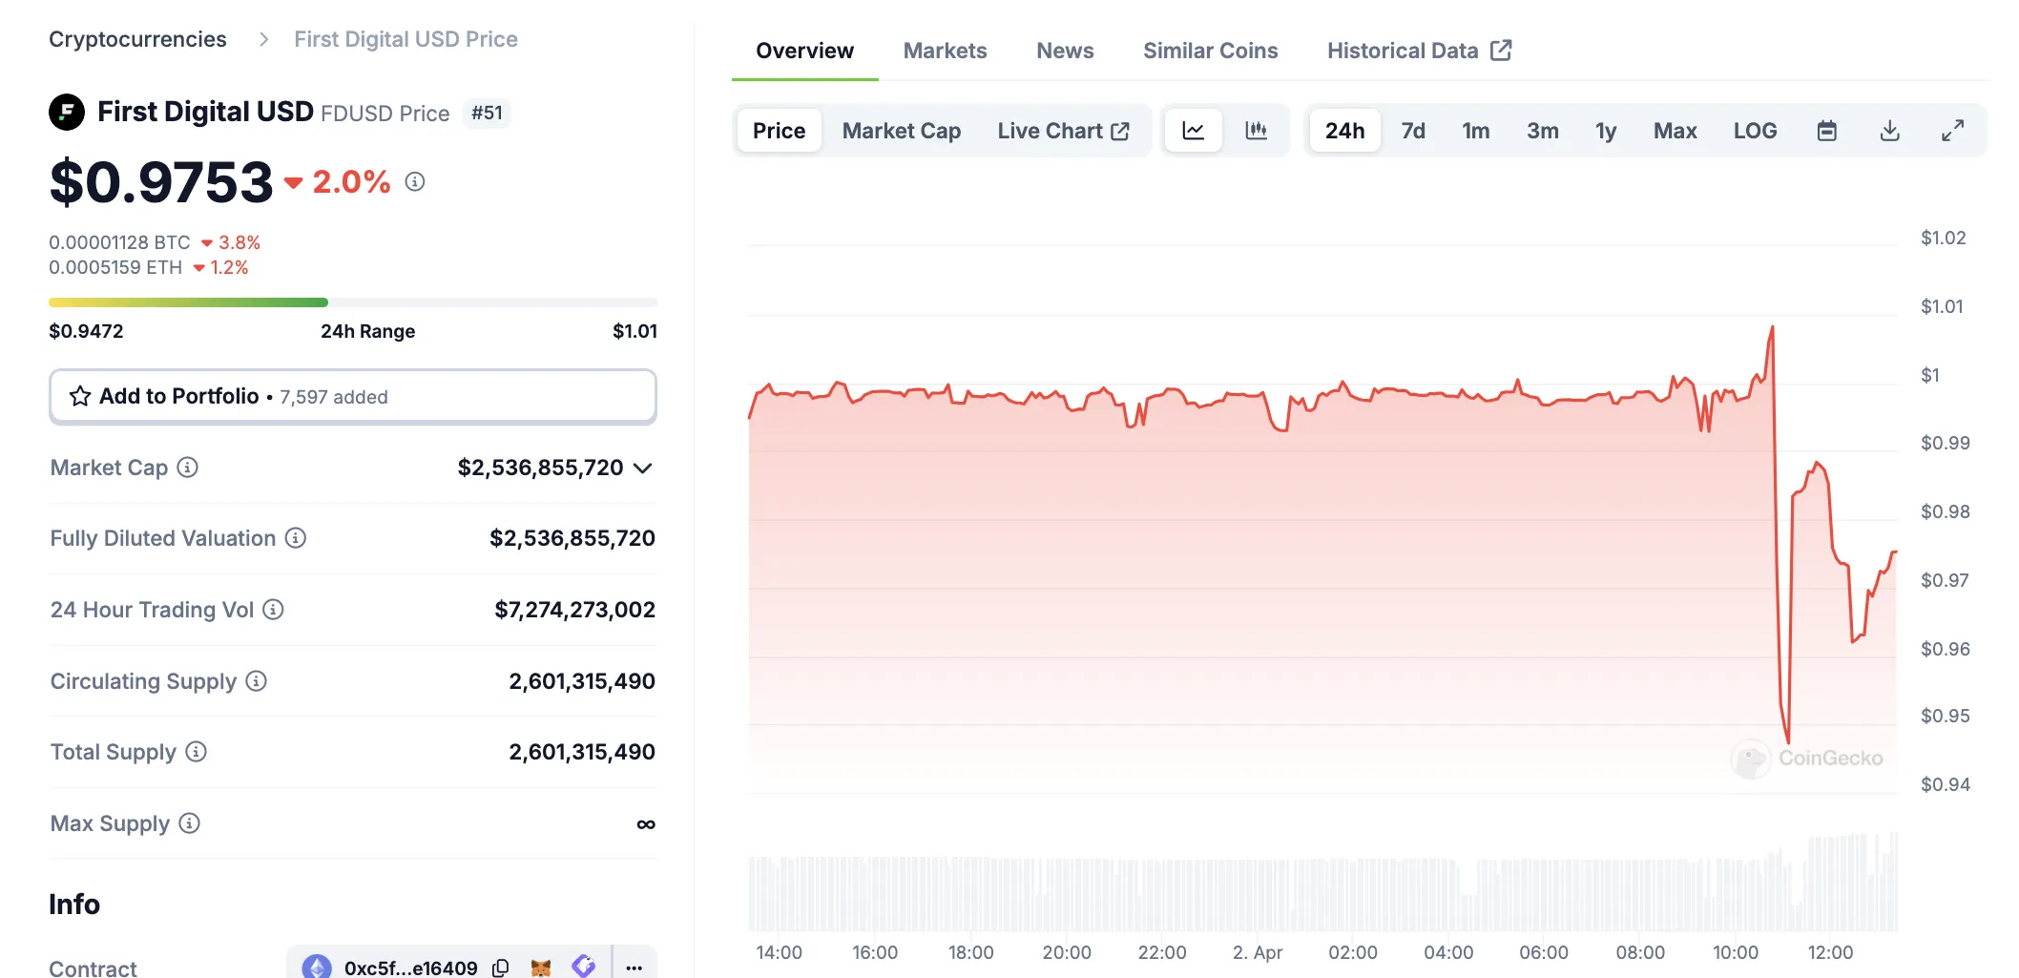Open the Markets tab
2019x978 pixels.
[x=945, y=51]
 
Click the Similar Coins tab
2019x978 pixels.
[x=1210, y=51]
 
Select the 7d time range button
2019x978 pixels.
[x=1412, y=131]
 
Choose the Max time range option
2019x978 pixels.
[x=1675, y=131]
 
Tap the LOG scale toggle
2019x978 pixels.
[x=1755, y=131]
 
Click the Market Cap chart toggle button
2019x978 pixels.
[x=901, y=131]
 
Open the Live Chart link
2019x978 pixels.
[x=1063, y=131]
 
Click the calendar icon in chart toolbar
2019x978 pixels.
[x=1826, y=131]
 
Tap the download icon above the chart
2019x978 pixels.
[x=1889, y=131]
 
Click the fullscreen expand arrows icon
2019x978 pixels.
[x=1952, y=131]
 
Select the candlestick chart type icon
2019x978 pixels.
[x=1256, y=131]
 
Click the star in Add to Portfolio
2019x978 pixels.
[x=80, y=396]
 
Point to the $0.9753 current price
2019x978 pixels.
[x=161, y=182]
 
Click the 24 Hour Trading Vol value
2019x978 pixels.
[x=574, y=610]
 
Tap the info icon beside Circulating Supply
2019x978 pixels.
[x=256, y=681]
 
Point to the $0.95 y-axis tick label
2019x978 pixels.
[x=1945, y=716]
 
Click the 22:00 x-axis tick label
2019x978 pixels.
[x=1161, y=952]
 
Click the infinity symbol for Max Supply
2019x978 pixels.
[x=646, y=824]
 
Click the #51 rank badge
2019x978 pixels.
[x=487, y=113]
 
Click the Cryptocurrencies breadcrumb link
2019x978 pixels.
[x=137, y=39]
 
